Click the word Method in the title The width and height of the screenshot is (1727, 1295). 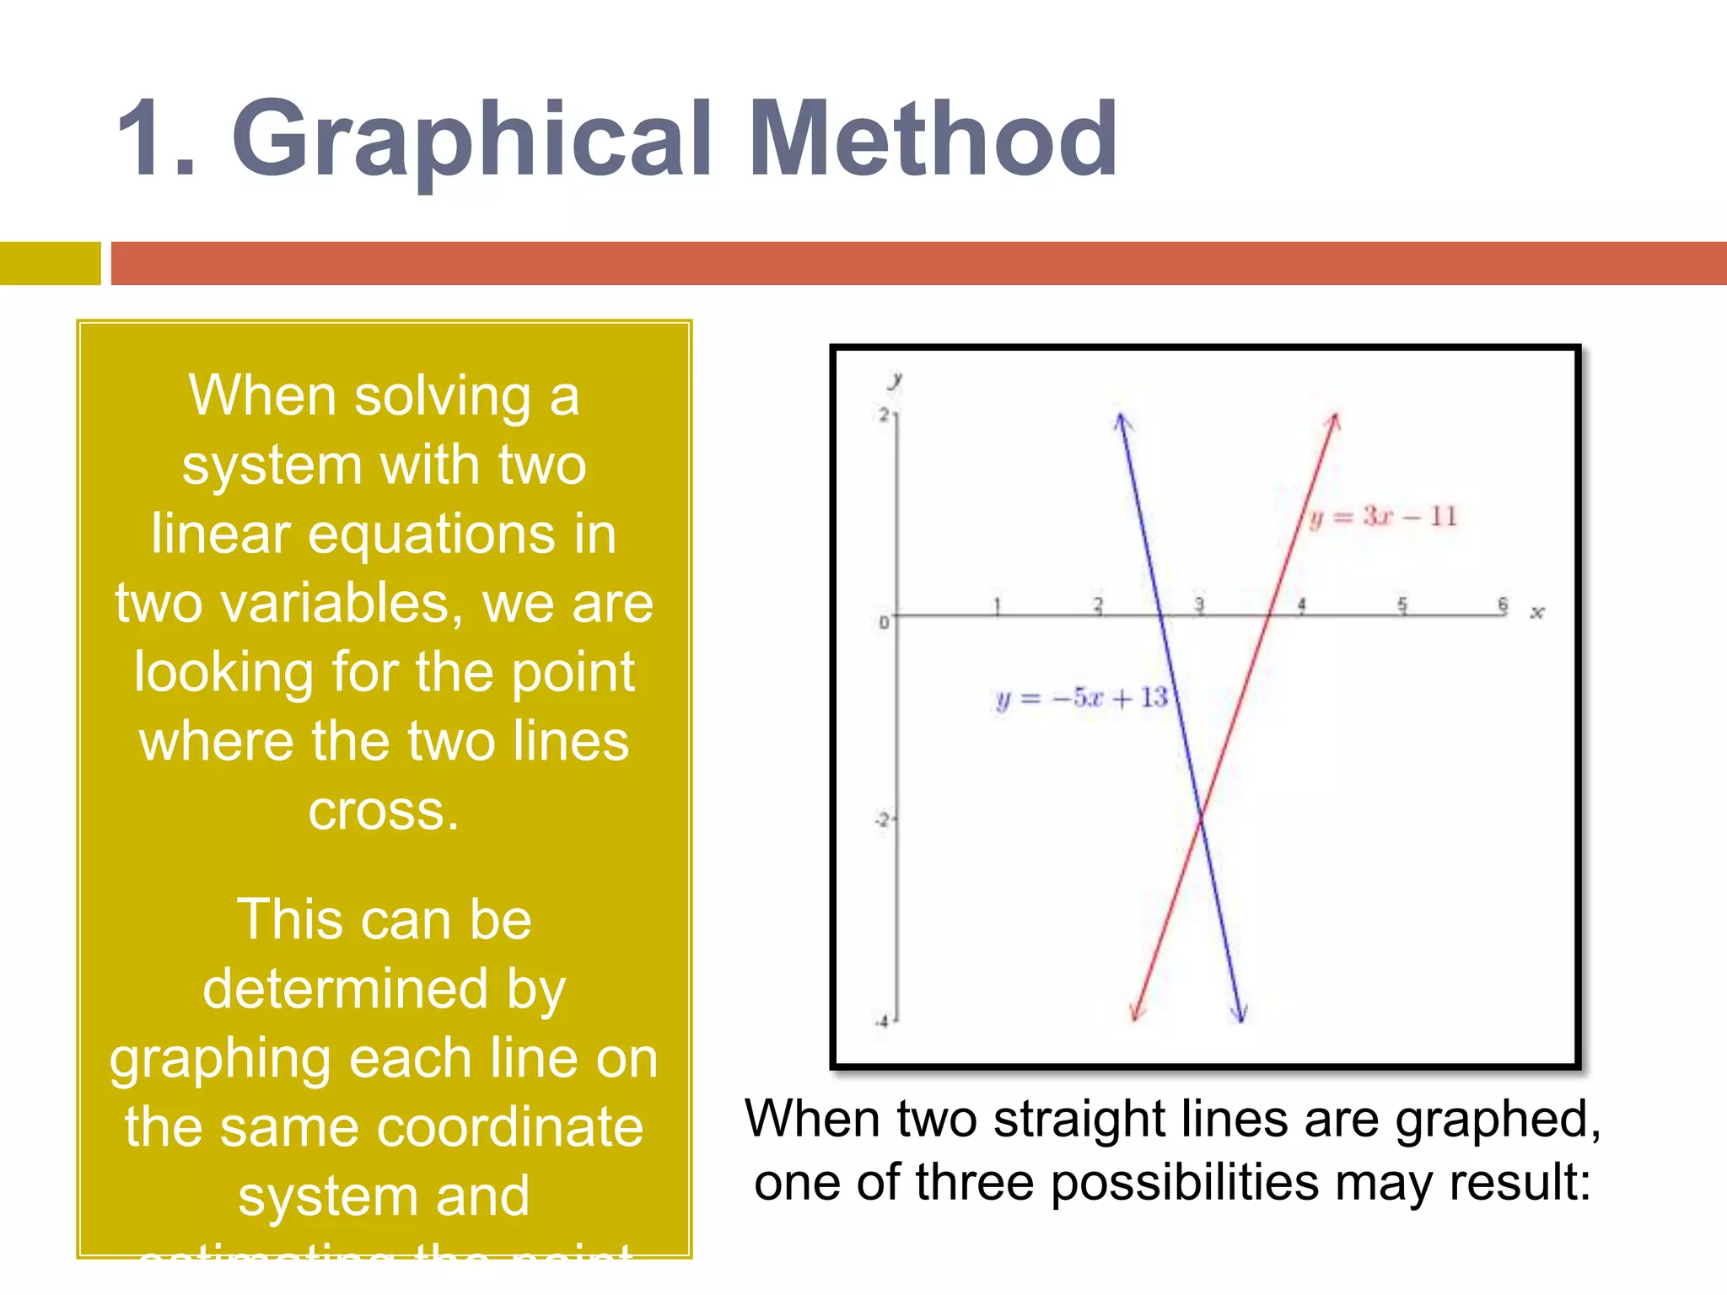coord(933,140)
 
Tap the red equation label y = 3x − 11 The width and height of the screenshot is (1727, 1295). coord(1384,516)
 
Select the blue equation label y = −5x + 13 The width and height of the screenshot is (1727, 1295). coord(1082,698)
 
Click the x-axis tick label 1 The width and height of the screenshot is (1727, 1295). coord(997,605)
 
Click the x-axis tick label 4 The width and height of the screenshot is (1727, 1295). coord(1301,605)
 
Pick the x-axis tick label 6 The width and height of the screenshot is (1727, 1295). coord(1503,605)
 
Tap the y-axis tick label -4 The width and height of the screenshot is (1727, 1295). coord(881,1022)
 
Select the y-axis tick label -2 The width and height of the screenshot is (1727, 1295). coord(881,819)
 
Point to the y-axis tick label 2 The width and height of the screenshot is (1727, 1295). coord(884,414)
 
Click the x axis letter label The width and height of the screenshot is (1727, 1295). coord(1537,613)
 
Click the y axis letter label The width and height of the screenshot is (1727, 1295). coord(896,379)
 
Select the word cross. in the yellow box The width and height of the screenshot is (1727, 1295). coord(384,811)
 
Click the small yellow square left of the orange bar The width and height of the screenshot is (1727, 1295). coord(50,263)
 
